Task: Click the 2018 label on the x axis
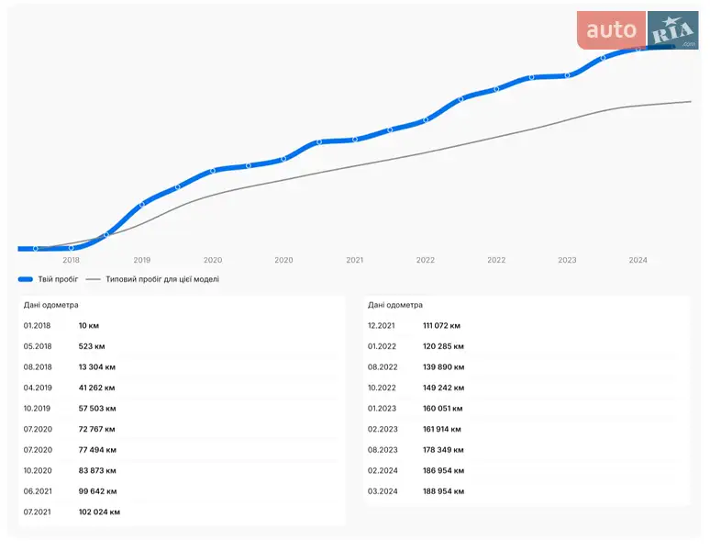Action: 71,260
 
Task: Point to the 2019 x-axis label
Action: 142,260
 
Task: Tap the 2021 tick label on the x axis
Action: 355,260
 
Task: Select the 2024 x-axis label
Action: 638,260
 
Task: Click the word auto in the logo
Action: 611,30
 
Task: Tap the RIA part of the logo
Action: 673,31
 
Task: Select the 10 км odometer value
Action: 89,326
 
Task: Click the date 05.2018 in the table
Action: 38,346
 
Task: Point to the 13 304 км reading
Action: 97,367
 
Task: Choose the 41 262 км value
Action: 97,388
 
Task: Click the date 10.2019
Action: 37,409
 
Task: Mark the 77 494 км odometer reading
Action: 97,450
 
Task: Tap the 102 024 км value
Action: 99,512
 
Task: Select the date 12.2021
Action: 382,326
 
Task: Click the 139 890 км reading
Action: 444,367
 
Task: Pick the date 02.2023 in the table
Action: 383,429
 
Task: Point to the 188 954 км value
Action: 444,491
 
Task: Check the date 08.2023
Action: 383,450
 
